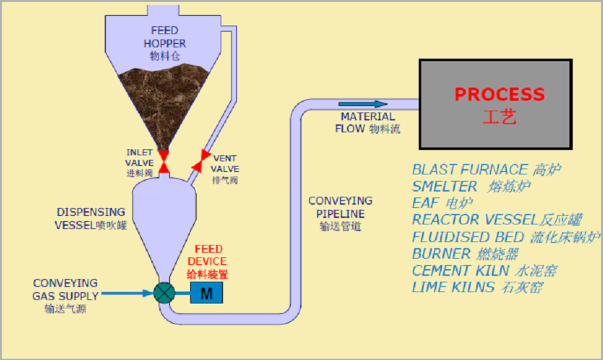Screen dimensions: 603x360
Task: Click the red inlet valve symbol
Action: click(164, 162)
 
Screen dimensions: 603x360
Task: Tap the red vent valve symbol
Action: click(201, 161)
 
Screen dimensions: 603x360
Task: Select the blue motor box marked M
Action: click(207, 293)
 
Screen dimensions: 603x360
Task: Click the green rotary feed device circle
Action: click(164, 293)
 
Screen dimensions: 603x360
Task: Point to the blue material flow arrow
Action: click(363, 104)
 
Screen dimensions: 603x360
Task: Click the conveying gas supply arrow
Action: click(127, 294)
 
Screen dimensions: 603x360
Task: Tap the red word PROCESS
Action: click(500, 94)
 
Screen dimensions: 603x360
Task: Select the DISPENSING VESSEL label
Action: click(91, 219)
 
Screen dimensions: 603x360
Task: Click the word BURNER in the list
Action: click(441, 254)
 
